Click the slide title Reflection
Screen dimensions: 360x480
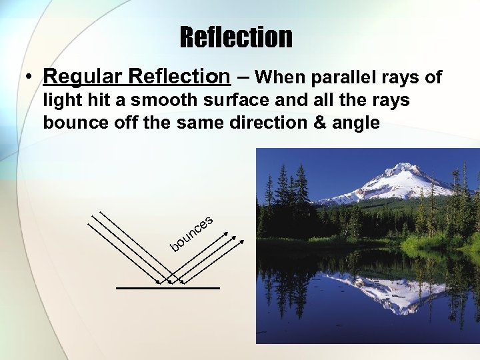pyautogui.click(x=235, y=37)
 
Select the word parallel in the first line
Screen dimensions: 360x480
pyautogui.click(x=331, y=79)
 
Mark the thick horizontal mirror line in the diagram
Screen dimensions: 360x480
pyautogui.click(x=167, y=288)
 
